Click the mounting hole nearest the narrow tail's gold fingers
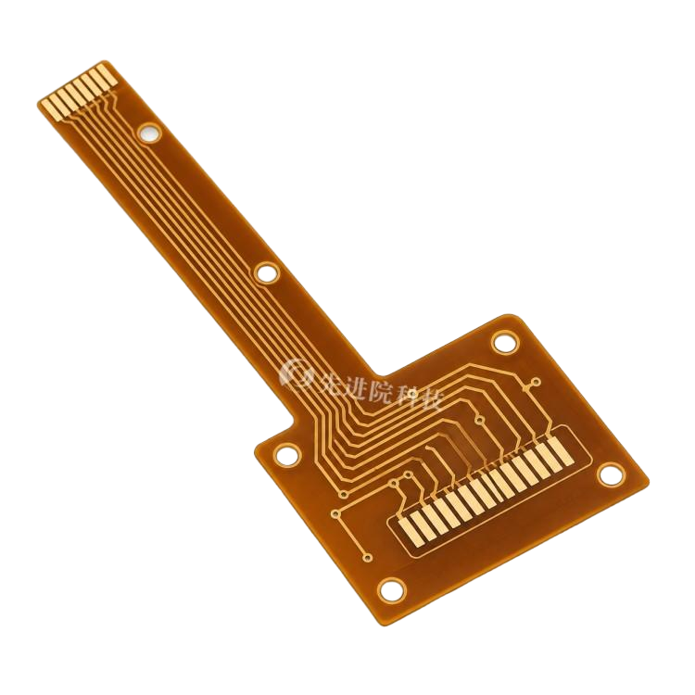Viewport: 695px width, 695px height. (x=149, y=132)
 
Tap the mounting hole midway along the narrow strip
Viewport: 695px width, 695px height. (x=267, y=272)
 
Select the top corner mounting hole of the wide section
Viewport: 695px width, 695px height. (x=505, y=343)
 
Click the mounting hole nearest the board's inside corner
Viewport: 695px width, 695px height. (x=286, y=455)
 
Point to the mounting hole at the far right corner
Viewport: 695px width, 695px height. (x=611, y=474)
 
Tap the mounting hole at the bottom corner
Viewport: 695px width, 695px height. (x=392, y=589)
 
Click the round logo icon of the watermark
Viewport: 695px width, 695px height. (x=294, y=373)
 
